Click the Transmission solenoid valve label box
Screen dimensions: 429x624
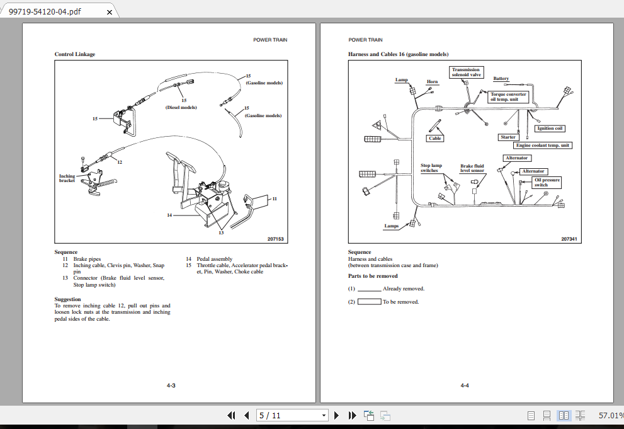tap(466, 72)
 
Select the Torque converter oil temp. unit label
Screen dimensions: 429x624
tap(508, 97)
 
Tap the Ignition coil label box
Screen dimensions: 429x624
tap(550, 129)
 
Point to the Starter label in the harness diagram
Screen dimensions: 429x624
tap(508, 137)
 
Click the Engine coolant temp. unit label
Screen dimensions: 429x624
tap(543, 146)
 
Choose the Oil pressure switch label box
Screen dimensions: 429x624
tap(546, 183)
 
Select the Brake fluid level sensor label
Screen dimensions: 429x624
tap(472, 168)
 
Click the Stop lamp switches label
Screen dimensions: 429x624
tap(431, 168)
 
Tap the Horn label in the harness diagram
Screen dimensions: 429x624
tap(433, 82)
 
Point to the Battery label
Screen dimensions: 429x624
tap(501, 79)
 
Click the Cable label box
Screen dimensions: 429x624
tap(435, 139)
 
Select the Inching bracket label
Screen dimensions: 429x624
tap(67, 178)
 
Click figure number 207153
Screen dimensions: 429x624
tap(275, 239)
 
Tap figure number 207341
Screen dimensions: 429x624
tap(569, 239)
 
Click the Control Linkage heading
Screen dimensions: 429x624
tap(75, 54)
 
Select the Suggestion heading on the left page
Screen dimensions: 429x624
tap(67, 299)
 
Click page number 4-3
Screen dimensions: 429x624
tap(171, 385)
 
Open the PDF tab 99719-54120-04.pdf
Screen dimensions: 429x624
tap(45, 11)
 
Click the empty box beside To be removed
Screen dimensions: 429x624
tap(369, 302)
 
